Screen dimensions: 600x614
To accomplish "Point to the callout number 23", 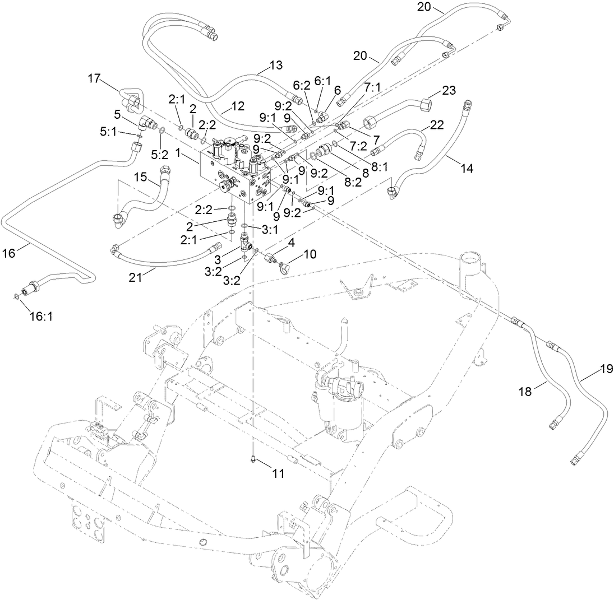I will (x=449, y=90).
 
